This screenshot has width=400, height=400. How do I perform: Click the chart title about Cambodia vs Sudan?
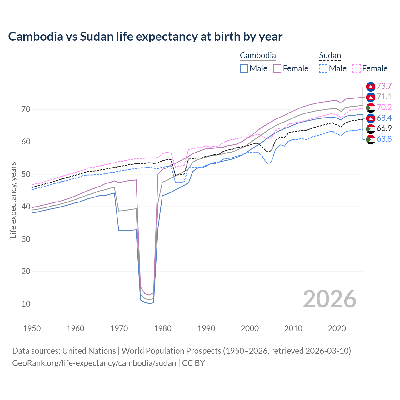[x=145, y=37]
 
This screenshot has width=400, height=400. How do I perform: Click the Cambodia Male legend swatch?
[x=244, y=68]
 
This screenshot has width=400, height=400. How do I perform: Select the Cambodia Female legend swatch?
[x=277, y=68]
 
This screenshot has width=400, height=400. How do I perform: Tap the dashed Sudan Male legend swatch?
[x=323, y=68]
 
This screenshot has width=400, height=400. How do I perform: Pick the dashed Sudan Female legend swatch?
[x=357, y=68]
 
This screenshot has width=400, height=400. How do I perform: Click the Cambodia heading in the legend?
[x=258, y=56]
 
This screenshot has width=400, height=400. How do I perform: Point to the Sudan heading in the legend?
[x=330, y=56]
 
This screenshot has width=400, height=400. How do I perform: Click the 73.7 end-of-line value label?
[x=384, y=86]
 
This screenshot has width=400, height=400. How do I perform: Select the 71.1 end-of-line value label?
[x=384, y=97]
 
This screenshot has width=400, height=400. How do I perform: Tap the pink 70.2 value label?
[x=384, y=107]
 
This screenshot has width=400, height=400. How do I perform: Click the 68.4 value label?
[x=384, y=118]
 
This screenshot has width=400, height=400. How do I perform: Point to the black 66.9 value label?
[x=384, y=128]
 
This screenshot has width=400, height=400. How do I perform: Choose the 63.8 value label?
[x=384, y=139]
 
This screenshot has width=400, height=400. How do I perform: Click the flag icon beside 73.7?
[x=371, y=86]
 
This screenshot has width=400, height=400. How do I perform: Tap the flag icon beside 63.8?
[x=371, y=139]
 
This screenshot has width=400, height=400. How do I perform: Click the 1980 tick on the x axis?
[x=163, y=328]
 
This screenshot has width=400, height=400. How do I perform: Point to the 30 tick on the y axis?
[x=26, y=239]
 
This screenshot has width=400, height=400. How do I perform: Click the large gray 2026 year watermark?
[x=330, y=299]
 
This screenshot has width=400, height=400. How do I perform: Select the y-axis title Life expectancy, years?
[x=13, y=200]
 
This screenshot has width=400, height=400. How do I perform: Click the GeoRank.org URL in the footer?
[x=94, y=363]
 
